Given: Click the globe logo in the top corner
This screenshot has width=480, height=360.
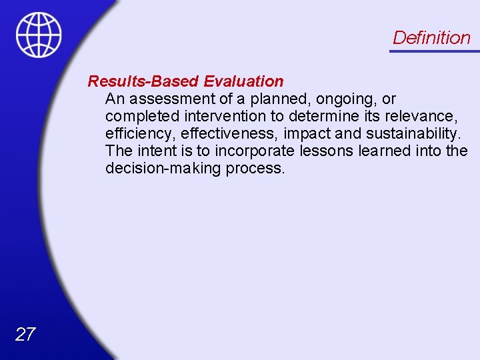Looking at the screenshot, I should [x=39, y=35].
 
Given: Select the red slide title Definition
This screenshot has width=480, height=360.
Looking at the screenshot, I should [x=431, y=37].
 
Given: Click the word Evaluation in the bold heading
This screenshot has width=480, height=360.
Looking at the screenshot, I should [x=243, y=81].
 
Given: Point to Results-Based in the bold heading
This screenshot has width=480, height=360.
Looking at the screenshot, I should [x=144, y=81].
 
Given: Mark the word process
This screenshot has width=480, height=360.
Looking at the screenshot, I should [x=255, y=169].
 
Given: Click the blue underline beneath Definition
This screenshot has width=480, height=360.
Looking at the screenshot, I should [x=434, y=51].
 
